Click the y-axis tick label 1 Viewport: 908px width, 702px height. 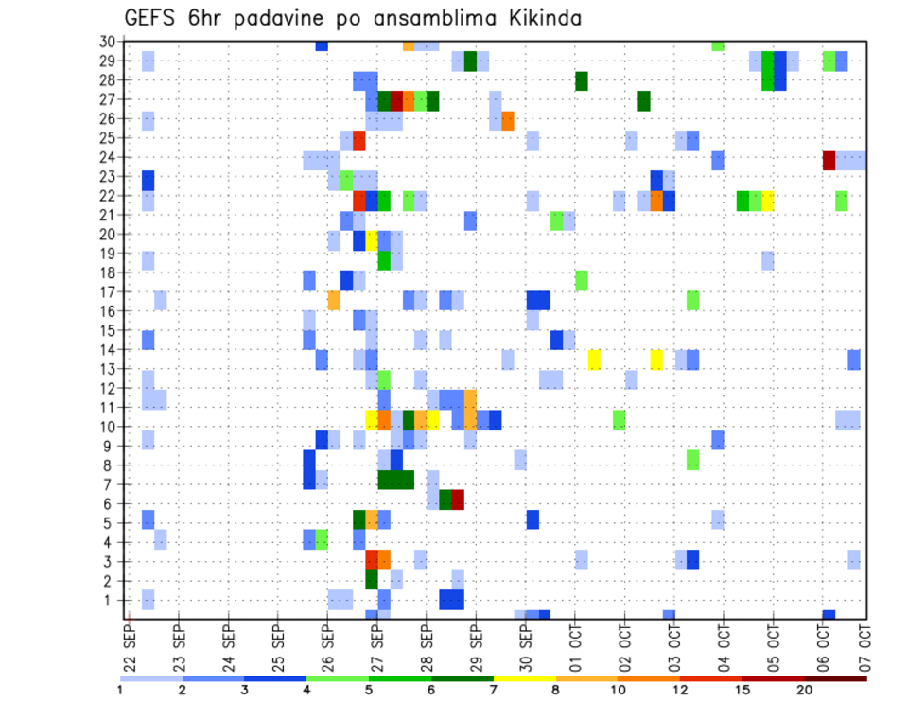point(111,599)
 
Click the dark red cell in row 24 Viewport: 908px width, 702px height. point(829,160)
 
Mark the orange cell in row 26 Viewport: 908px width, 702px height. point(508,121)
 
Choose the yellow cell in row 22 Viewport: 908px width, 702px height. point(768,201)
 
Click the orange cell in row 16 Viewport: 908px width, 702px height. point(334,300)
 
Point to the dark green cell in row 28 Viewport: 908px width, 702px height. point(582,81)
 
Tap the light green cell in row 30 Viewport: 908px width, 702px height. point(718,45)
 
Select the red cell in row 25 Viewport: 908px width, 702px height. point(359,141)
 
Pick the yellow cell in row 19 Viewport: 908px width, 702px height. point(372,240)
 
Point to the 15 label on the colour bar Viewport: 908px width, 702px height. point(742,690)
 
